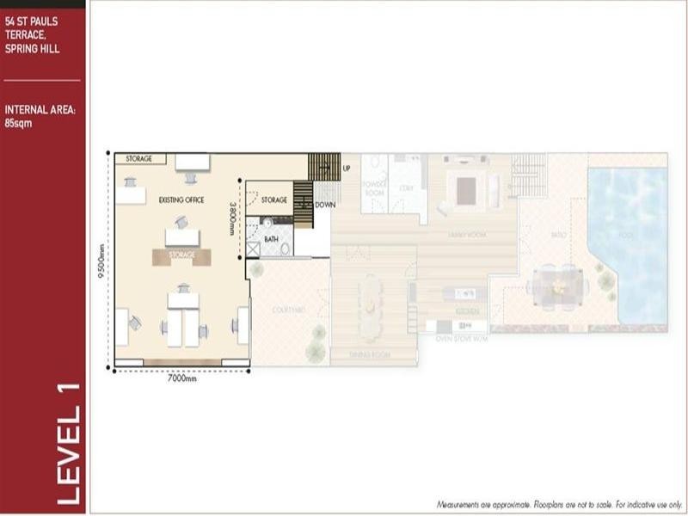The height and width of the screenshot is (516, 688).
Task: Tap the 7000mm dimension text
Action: [x=181, y=378]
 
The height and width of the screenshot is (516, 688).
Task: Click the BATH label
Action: [x=271, y=239]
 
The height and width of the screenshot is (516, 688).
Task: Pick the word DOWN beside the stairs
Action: [x=325, y=205]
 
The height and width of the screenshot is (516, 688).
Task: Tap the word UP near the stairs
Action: [x=346, y=167]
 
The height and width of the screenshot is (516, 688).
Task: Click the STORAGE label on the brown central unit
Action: [x=181, y=255]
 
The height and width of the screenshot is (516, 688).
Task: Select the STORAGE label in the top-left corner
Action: [x=138, y=159]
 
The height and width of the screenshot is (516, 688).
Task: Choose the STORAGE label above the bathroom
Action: [x=274, y=200]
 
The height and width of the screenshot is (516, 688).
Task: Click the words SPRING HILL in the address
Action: [x=32, y=48]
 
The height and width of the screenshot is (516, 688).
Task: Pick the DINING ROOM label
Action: [x=372, y=353]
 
